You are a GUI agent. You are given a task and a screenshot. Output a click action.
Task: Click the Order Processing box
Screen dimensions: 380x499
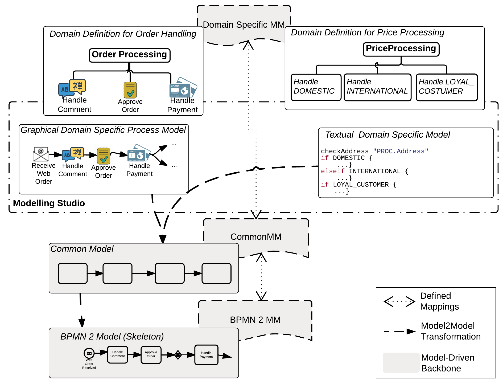point(130,55)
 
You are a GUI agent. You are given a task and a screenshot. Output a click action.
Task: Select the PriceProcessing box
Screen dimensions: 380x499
point(401,49)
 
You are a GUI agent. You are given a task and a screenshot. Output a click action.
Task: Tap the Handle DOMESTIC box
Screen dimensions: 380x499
point(316,87)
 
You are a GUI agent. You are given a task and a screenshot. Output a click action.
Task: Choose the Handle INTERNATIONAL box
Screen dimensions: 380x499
point(377,87)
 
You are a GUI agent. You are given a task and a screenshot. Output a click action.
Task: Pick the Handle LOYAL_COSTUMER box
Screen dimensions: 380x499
point(447,87)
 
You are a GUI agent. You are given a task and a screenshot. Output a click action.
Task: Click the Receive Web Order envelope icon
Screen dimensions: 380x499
point(41,154)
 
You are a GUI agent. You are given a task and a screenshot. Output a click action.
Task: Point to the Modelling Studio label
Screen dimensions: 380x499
point(49,203)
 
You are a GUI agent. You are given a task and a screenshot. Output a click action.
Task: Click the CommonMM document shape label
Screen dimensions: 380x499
point(256,237)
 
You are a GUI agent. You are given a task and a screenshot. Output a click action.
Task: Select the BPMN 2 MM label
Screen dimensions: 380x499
point(255,320)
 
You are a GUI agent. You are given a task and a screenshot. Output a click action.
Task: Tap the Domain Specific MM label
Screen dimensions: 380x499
point(244,25)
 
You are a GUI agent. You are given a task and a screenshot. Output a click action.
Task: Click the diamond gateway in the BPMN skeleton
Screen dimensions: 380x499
point(178,355)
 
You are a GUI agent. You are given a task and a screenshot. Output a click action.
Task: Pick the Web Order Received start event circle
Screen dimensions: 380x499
point(89,353)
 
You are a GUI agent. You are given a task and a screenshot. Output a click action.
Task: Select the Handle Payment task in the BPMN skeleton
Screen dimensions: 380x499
point(206,355)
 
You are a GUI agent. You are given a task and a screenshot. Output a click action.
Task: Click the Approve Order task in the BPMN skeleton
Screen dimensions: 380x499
point(151,355)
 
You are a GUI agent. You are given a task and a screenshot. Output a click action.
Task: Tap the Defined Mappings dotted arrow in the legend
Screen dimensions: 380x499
point(399,302)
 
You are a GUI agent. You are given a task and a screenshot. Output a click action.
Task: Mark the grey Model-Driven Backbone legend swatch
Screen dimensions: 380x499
point(401,362)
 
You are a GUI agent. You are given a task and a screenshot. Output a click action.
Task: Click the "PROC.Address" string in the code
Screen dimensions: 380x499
point(401,151)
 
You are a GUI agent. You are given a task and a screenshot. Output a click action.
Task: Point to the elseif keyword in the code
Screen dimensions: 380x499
point(332,171)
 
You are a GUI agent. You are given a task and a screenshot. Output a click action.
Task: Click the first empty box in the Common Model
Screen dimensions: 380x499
point(73,273)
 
